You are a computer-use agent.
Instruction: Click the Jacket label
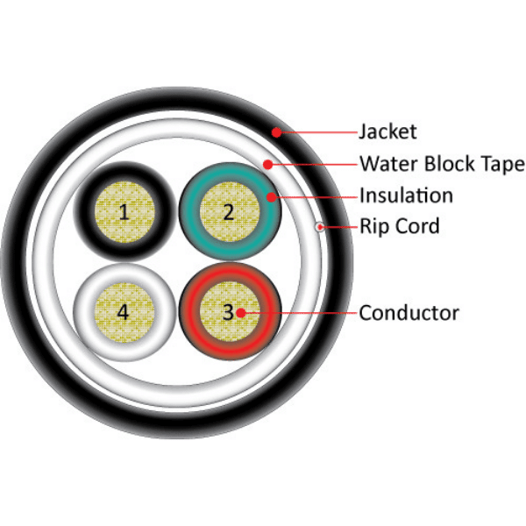click(387, 133)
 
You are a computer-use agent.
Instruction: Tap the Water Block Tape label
click(442, 164)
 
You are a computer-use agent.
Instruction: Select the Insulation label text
click(406, 195)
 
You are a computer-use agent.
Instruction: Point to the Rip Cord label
click(399, 227)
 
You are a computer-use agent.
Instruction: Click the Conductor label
click(409, 312)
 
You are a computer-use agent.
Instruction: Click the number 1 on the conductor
click(124, 211)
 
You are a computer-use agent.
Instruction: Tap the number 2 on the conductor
click(229, 211)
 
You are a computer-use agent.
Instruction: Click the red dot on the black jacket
click(275, 133)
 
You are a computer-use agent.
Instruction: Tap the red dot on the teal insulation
click(273, 196)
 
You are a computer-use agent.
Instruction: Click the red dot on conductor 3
click(245, 312)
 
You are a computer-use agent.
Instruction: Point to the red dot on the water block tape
click(267, 164)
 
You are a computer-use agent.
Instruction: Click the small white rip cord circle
click(321, 227)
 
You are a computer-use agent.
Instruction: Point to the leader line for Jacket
click(316, 133)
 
